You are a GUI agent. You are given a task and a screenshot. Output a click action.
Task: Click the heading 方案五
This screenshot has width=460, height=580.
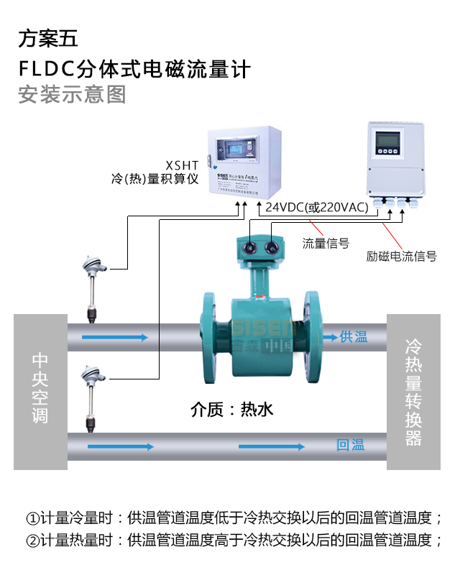47,38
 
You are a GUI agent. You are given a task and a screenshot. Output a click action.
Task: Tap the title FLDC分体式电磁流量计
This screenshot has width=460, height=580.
134,68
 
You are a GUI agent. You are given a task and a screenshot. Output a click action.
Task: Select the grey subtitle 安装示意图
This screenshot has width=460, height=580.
72,95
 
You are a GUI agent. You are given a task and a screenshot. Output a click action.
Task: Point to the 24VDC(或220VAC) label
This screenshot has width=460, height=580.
317,208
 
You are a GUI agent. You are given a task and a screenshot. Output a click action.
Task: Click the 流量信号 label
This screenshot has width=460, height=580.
326,243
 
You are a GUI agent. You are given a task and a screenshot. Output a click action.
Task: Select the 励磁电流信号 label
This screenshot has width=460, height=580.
401,256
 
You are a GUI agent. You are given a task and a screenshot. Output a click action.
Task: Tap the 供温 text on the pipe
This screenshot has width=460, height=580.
354,336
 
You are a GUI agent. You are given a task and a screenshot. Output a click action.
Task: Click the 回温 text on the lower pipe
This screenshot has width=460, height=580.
351,445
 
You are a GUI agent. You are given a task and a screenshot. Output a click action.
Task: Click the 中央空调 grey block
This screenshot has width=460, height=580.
40,391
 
